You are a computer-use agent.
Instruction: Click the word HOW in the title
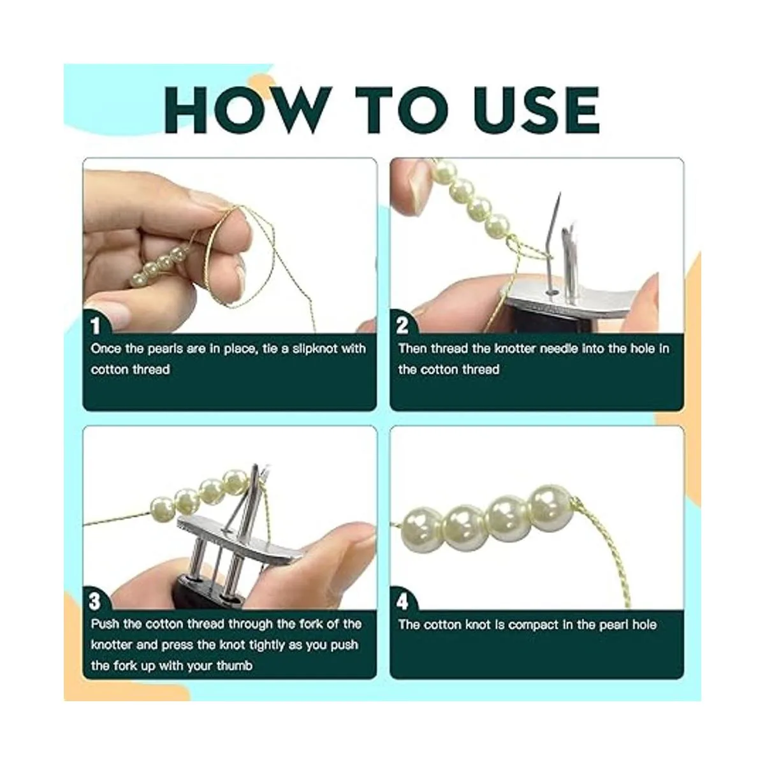click(248, 110)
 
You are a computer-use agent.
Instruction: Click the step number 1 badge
click(96, 326)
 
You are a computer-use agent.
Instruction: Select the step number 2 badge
click(402, 326)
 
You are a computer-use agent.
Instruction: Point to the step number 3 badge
click(95, 602)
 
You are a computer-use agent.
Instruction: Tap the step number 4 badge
click(402, 602)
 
